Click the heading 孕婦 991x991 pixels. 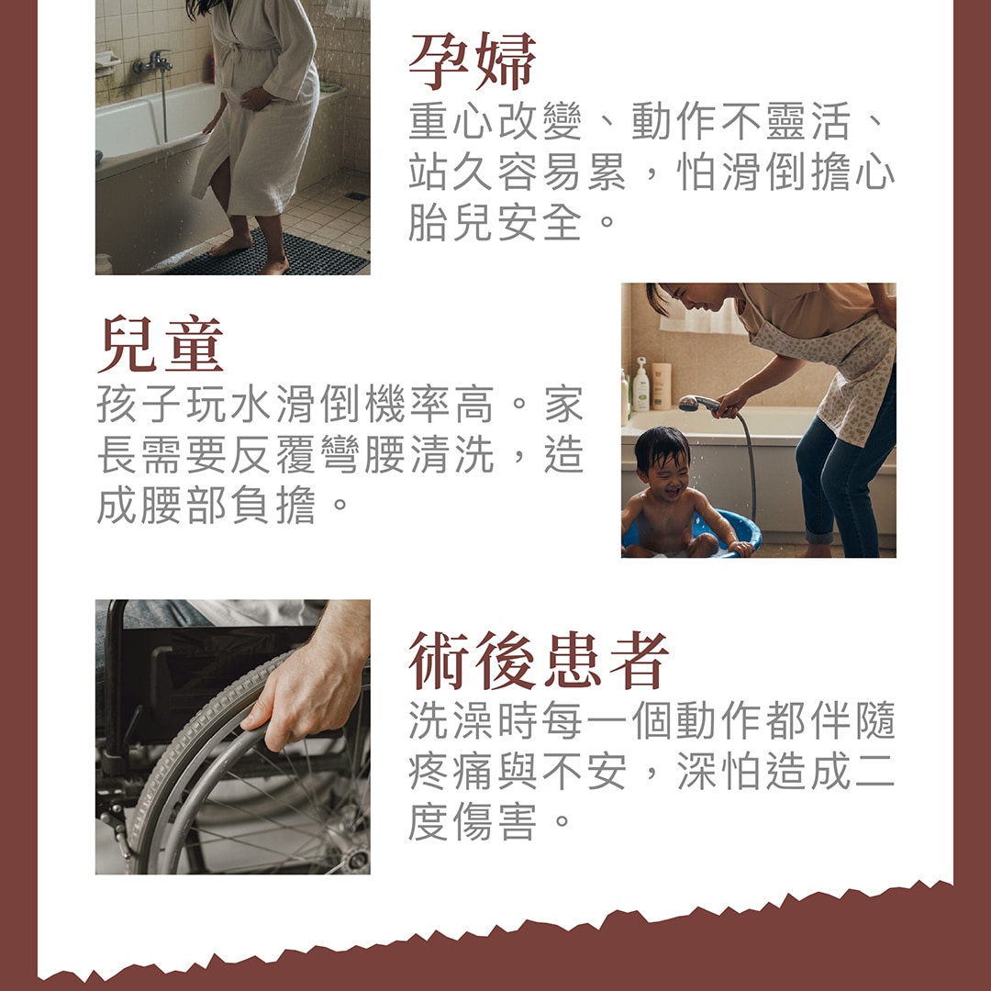click(x=473, y=61)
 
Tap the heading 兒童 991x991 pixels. click(x=161, y=344)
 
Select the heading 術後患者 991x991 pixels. click(x=539, y=661)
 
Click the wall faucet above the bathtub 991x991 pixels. click(x=153, y=62)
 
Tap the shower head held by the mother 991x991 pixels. click(x=697, y=403)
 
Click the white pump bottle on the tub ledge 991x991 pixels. click(x=640, y=384)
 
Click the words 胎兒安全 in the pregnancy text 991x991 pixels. click(x=495, y=222)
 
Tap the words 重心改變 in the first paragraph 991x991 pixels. click(x=495, y=121)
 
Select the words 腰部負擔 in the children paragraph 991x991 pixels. click(x=228, y=505)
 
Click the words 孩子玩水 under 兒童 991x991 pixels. click(x=184, y=404)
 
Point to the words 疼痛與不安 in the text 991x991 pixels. click(x=517, y=771)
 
